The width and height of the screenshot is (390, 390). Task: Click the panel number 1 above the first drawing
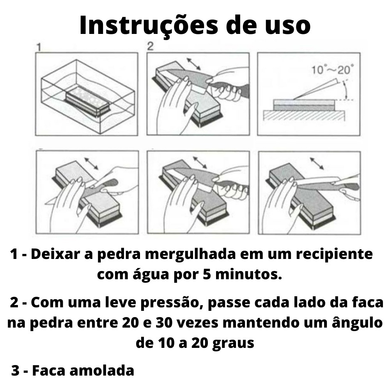39,47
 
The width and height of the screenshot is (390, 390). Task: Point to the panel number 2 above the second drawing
151,46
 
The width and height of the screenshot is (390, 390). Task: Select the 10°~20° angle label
333,70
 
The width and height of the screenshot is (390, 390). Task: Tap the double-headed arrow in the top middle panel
194,64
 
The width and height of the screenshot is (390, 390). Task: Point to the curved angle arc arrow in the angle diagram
345,90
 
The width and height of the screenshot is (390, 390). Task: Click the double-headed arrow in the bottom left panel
91,163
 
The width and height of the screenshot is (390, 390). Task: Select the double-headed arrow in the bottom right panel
317,163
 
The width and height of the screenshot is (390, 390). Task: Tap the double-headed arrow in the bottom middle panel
200,162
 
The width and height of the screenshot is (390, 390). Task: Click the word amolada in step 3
102,370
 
